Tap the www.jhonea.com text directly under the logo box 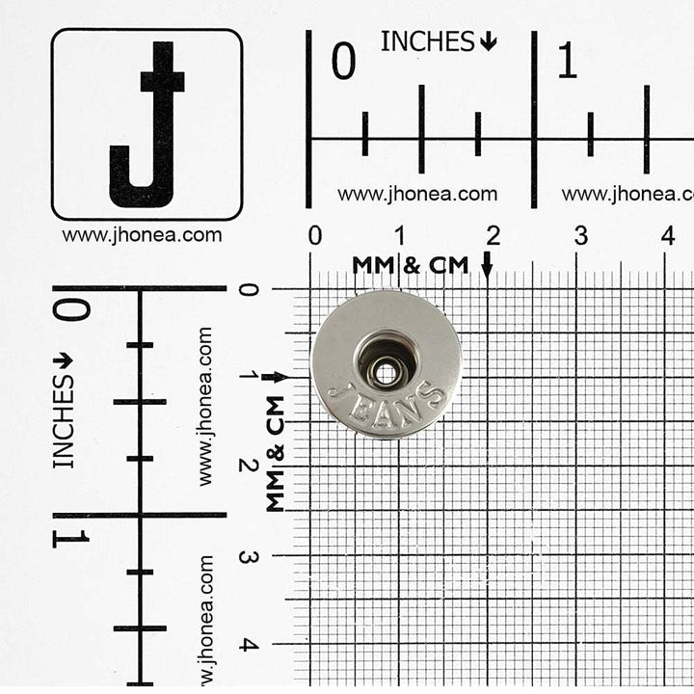click(x=142, y=235)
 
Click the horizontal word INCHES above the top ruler click(x=428, y=41)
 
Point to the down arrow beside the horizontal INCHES click(x=489, y=42)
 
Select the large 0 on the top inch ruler click(x=343, y=61)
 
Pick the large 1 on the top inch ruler click(x=568, y=61)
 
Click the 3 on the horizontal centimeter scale click(x=581, y=236)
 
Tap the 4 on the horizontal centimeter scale click(x=668, y=235)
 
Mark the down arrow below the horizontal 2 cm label click(x=488, y=265)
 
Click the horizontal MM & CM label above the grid click(x=411, y=265)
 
